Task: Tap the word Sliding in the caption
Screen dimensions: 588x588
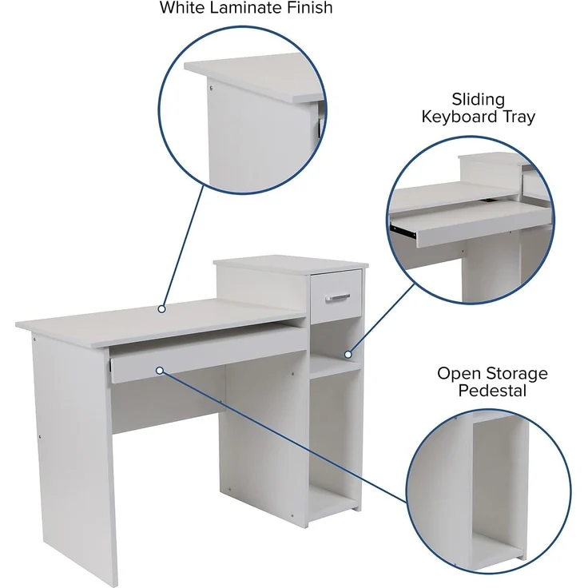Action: point(479,100)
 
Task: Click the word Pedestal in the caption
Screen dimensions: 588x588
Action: point(493,391)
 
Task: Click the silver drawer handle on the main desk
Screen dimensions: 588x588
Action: point(337,298)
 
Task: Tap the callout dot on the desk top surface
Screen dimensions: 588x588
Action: point(161,308)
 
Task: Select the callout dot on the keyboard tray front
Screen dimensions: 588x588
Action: point(160,371)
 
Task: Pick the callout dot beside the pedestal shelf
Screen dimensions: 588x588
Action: point(348,354)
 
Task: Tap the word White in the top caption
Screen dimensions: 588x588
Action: point(181,8)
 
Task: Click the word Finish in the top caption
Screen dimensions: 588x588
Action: point(307,8)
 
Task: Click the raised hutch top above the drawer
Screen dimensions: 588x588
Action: point(288,263)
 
